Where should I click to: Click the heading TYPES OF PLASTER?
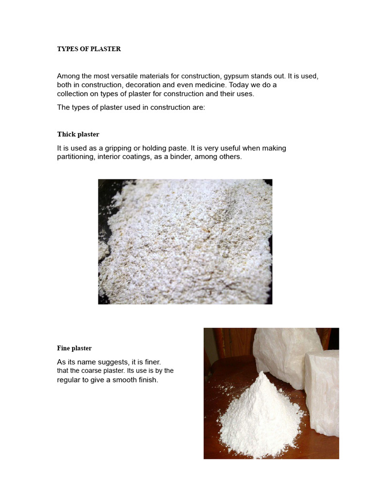pos(89,49)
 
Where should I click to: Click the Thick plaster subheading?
pos(78,134)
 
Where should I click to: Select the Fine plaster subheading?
pos(74,348)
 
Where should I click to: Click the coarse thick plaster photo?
pos(185,242)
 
